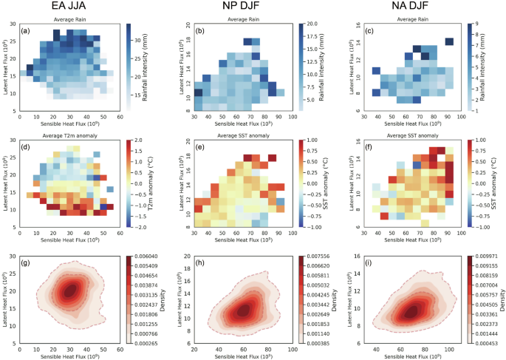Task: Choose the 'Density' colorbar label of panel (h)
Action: click(335, 299)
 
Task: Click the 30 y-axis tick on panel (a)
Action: click(14, 24)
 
